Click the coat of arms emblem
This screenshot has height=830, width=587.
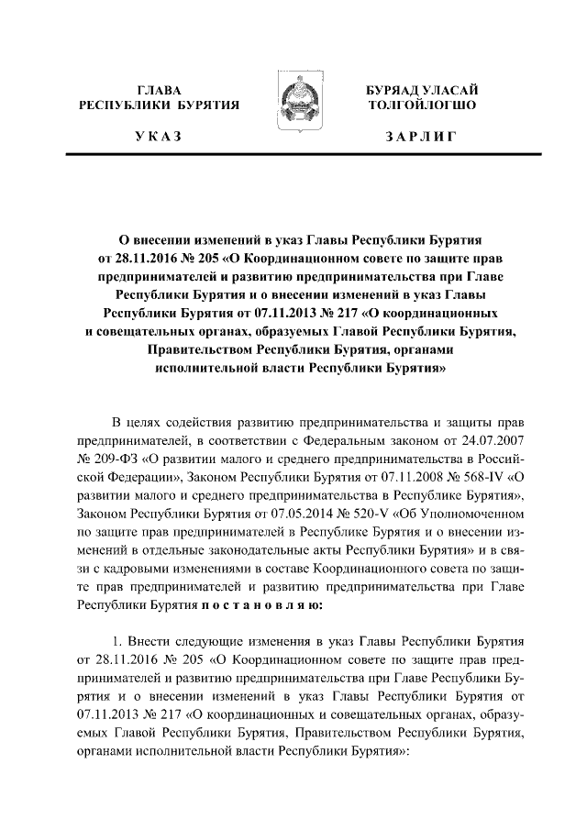(293, 104)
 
